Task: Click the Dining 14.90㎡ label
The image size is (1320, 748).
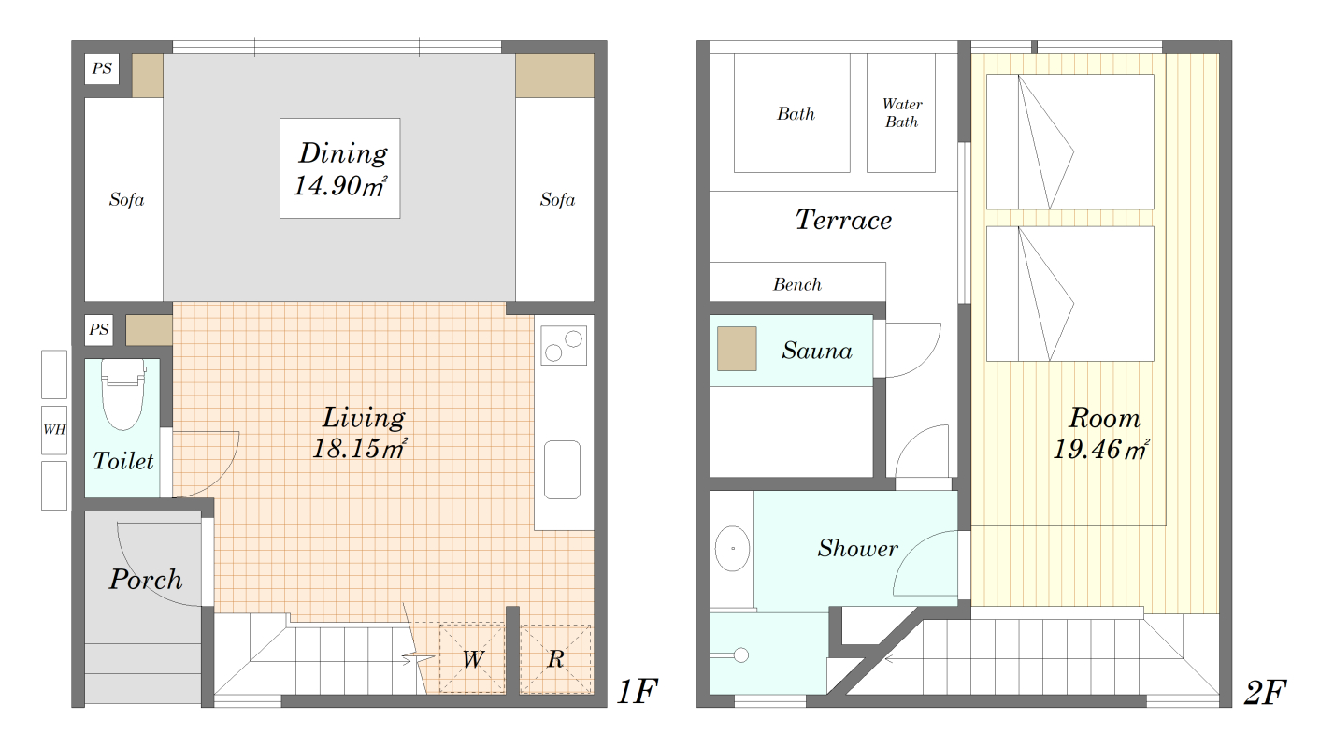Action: (x=340, y=169)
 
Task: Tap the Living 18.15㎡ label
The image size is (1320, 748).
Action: (x=360, y=433)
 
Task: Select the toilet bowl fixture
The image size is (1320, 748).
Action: (x=122, y=394)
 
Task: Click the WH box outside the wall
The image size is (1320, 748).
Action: (x=54, y=430)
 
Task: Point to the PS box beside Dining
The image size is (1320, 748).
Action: (x=102, y=69)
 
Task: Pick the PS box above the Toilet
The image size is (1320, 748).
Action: (x=99, y=329)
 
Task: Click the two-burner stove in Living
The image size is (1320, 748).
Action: (x=564, y=345)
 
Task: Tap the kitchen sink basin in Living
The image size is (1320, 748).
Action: (x=562, y=469)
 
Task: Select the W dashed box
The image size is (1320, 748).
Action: (x=472, y=658)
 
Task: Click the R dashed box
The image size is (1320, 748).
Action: (x=555, y=658)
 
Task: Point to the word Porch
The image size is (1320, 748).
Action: (x=146, y=580)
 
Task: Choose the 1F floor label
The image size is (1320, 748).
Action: (x=637, y=691)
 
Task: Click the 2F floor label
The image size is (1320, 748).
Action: (x=1265, y=693)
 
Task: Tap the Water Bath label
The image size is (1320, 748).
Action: (x=901, y=113)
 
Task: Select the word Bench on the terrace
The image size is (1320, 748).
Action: (x=797, y=284)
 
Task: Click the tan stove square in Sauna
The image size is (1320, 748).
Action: (x=737, y=349)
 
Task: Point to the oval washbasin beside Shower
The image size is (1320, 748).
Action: (x=733, y=549)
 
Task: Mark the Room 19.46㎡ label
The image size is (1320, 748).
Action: (x=1102, y=434)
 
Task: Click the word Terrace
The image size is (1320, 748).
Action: (x=843, y=220)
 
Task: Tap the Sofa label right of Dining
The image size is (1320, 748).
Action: (x=557, y=200)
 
